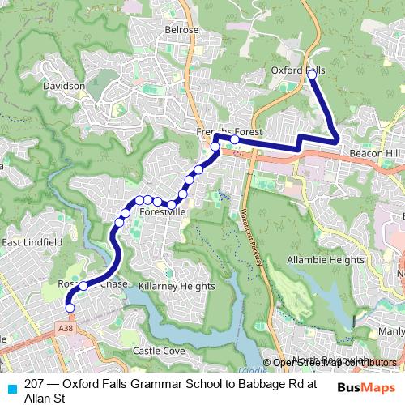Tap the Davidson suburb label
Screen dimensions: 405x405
(x=64, y=86)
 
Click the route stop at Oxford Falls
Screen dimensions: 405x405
(x=312, y=75)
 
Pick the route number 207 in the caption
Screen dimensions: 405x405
(x=35, y=383)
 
